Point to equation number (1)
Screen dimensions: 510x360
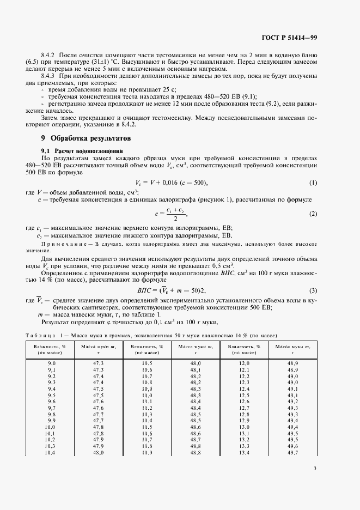click(x=313, y=182)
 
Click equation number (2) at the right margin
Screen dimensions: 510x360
click(x=313, y=214)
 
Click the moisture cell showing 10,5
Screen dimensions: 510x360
click(x=147, y=363)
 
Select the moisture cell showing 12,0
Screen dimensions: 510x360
click(x=244, y=363)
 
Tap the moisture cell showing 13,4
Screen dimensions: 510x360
click(x=244, y=453)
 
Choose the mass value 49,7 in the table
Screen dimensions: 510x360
click(x=293, y=453)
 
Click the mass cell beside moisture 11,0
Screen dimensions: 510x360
click(x=196, y=395)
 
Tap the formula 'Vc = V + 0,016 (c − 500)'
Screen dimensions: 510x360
click(x=171, y=182)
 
